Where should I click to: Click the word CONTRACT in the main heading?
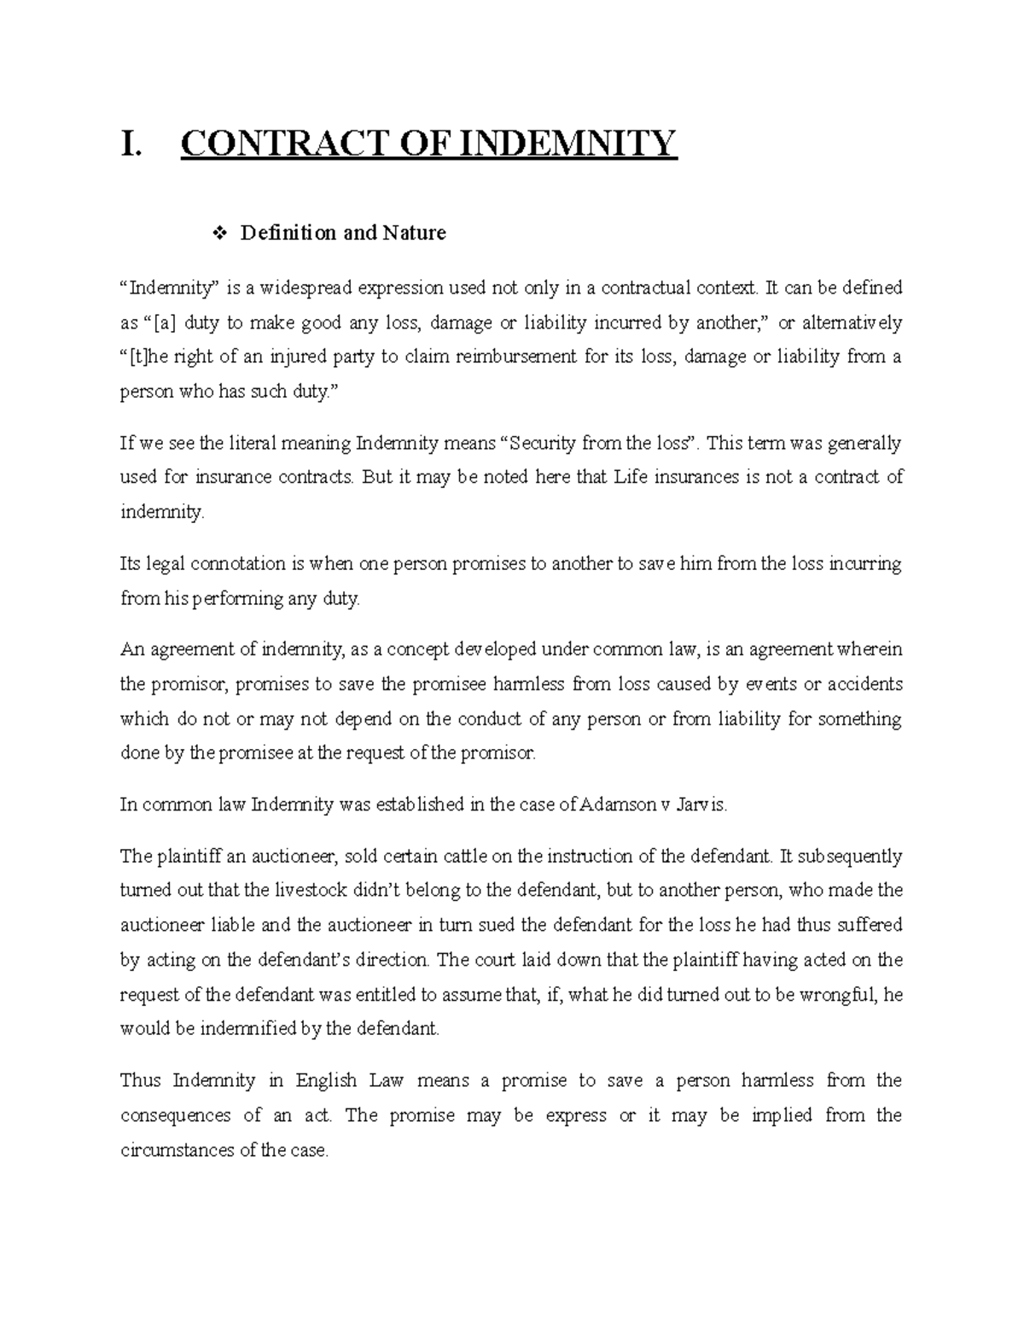[x=265, y=144]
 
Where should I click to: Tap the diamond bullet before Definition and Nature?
[x=220, y=233]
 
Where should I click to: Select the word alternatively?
[x=852, y=323]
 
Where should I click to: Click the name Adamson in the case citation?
[x=618, y=805]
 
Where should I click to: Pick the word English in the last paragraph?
[x=325, y=1081]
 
